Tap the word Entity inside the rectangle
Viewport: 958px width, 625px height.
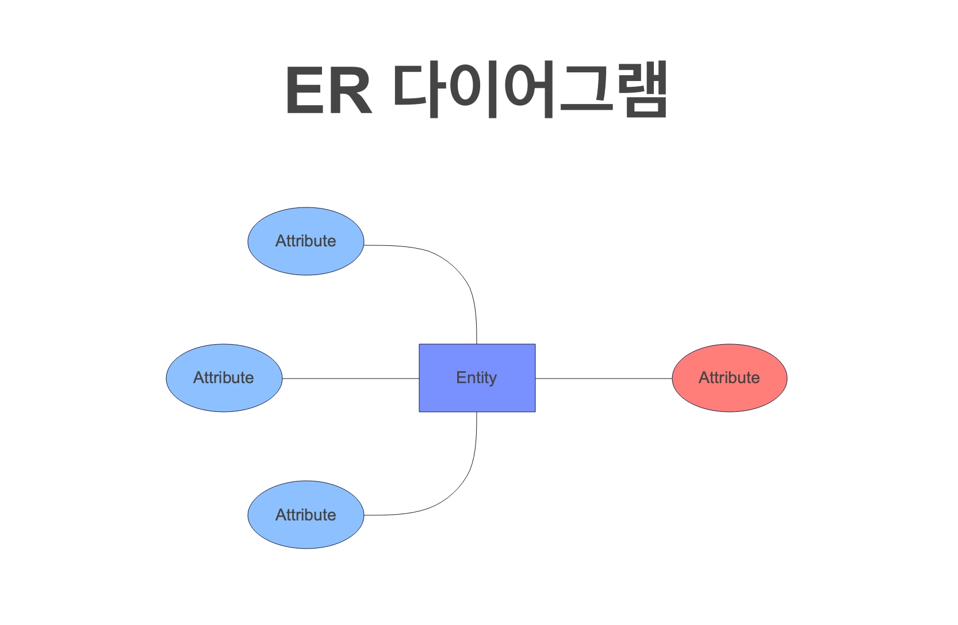tap(476, 378)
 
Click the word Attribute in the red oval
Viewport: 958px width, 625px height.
tap(729, 378)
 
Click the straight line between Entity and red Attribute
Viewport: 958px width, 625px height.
tap(604, 379)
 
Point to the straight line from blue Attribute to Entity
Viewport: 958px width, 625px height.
tap(351, 379)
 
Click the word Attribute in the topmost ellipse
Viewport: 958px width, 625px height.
tap(305, 241)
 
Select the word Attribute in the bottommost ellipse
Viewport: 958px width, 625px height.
tap(305, 515)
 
